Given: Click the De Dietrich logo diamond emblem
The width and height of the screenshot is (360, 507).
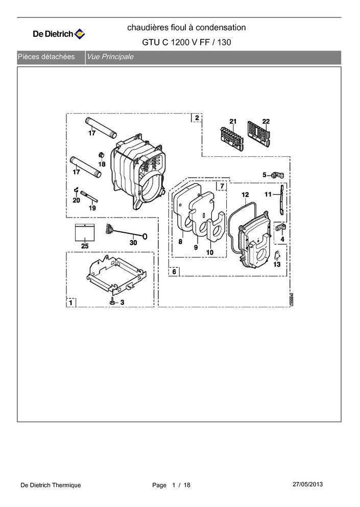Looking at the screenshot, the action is [80, 34].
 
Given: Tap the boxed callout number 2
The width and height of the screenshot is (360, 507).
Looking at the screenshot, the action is [197, 118].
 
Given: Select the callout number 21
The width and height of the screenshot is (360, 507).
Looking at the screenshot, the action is [233, 121].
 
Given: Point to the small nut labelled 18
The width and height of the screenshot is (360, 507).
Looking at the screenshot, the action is [100, 155].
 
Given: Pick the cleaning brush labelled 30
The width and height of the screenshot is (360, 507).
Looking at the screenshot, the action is [127, 232].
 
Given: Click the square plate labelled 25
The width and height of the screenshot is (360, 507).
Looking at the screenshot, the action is [85, 232].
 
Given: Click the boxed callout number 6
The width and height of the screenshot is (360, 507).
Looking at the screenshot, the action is [174, 271].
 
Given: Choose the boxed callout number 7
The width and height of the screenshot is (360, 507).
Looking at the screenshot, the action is [222, 186].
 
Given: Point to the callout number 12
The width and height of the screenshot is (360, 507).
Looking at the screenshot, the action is [245, 195].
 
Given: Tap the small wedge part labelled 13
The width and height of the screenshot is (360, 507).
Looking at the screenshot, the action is [277, 255].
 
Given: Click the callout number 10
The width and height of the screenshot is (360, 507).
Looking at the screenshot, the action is [210, 252].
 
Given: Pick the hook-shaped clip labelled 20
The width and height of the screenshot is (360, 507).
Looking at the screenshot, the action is [76, 191].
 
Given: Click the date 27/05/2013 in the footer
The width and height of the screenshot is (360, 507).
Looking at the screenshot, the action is [307, 484].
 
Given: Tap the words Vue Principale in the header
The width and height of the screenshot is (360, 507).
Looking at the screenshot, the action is [110, 57].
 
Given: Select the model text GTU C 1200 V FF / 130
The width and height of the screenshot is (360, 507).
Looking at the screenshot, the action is [186, 42].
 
